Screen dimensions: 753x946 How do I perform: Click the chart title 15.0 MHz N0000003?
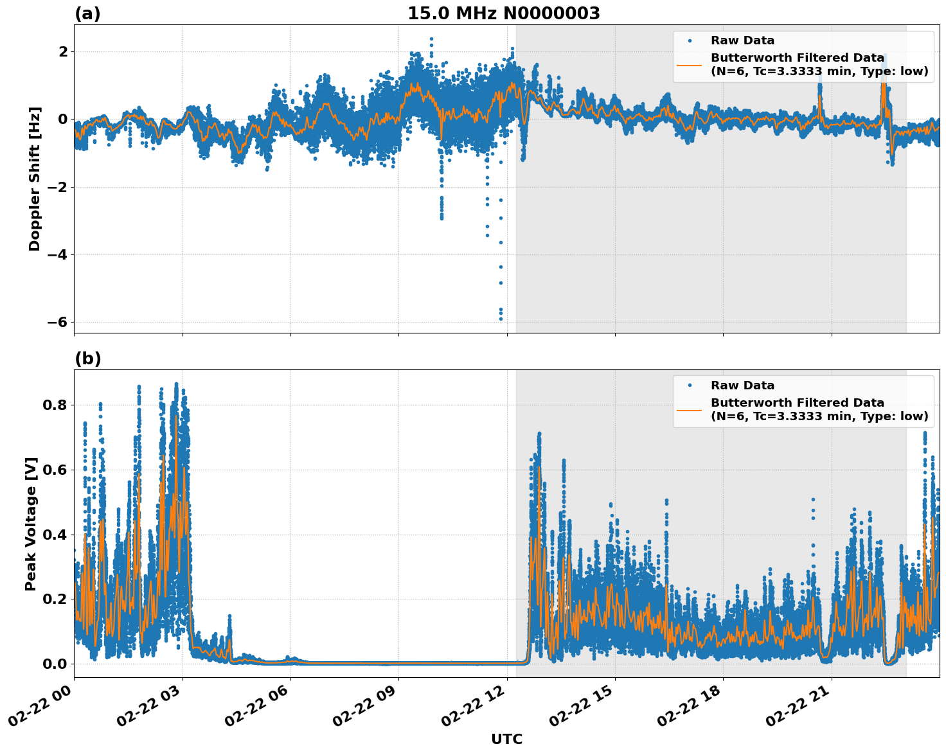504,13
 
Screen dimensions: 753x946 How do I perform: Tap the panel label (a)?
87,13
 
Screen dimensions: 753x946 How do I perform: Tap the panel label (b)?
87,359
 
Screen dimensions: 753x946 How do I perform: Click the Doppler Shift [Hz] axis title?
35,179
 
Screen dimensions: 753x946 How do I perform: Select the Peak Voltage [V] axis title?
31,524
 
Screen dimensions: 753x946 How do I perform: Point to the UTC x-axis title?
506,740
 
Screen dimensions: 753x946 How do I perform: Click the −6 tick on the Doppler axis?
57,323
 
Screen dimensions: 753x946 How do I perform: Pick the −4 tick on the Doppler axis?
57,255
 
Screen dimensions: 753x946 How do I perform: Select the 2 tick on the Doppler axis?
63,51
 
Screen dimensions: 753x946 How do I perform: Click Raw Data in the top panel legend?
742,41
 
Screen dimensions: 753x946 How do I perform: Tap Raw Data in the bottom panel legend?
742,386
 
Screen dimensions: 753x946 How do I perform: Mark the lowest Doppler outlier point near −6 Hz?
501,319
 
